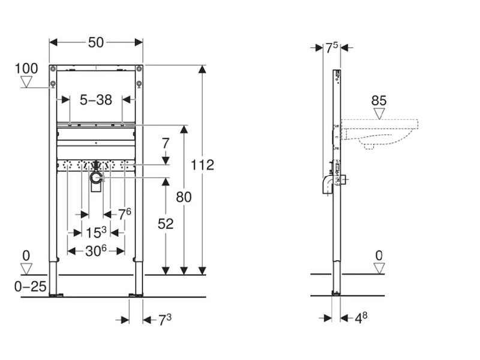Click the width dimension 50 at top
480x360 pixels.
(96, 43)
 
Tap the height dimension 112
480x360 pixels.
(202, 164)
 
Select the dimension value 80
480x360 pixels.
(184, 196)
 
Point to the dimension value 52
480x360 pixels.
(165, 223)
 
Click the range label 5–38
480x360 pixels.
(96, 100)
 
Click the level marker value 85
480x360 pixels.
(379, 100)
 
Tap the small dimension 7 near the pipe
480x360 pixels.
(166, 143)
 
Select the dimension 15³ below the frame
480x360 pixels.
(96, 232)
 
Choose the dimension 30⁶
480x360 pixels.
(96, 251)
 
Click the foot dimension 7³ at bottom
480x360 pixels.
(165, 320)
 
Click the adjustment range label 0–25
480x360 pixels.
(31, 286)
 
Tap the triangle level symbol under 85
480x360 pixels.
(379, 113)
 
